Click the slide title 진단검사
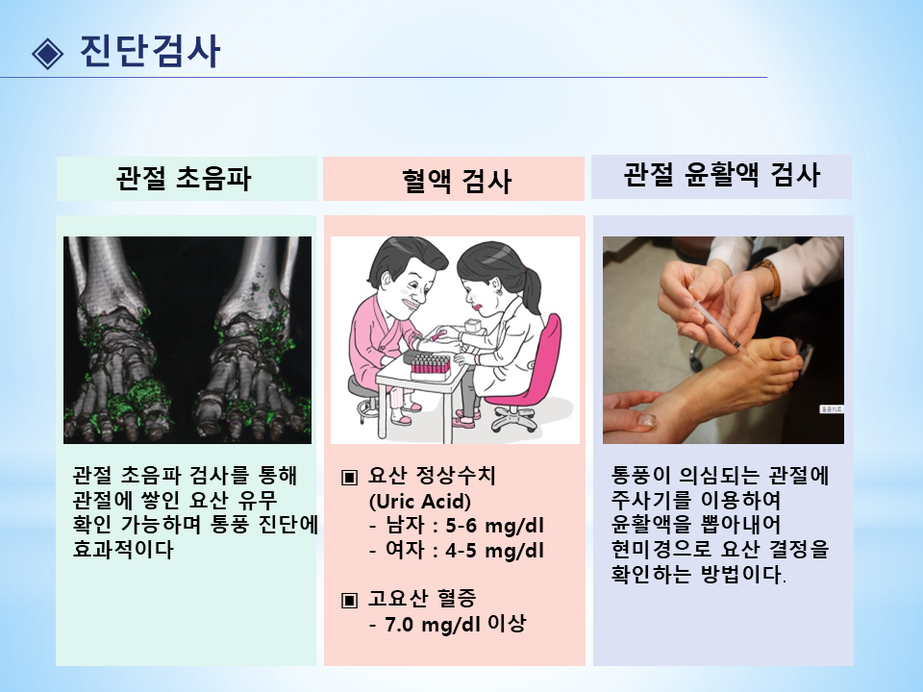point(150,51)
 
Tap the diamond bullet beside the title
point(48,54)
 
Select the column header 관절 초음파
point(184,178)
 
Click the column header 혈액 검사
point(456,180)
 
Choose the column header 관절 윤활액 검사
point(722,175)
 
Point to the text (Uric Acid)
point(420,502)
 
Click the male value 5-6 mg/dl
point(494,526)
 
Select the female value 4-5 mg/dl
point(494,551)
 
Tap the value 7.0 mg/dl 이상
point(455,624)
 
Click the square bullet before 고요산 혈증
point(349,600)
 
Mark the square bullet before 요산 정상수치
point(349,477)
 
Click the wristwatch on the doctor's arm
point(769,279)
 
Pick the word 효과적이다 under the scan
point(123,550)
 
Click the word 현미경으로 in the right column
point(661,550)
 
